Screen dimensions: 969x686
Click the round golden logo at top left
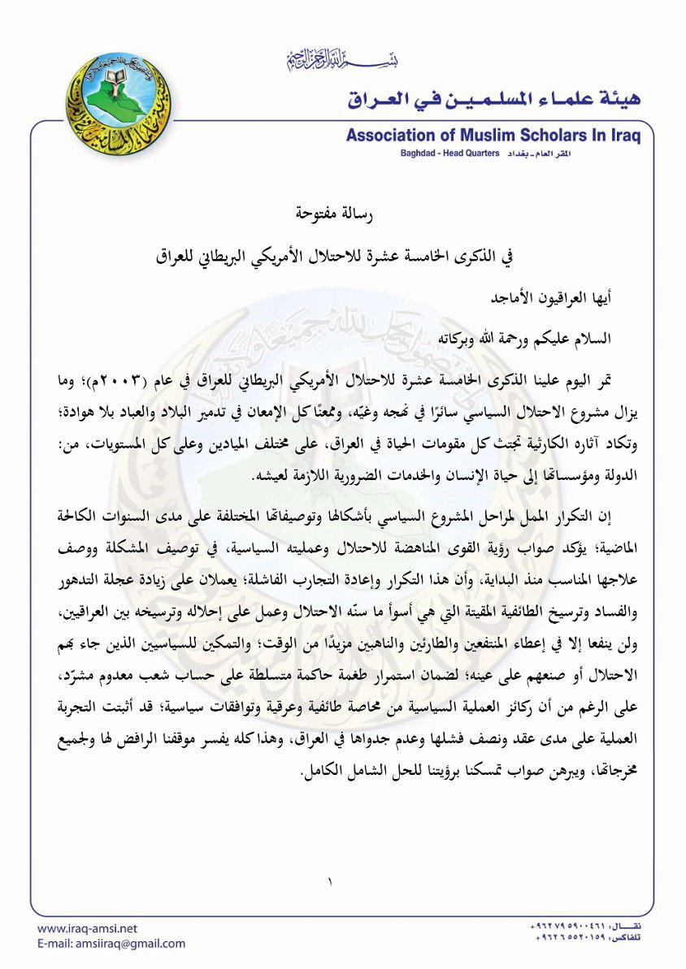click(x=107, y=103)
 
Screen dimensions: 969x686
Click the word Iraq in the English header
click(x=624, y=136)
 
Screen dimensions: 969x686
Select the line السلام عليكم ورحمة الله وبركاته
click(x=538, y=336)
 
